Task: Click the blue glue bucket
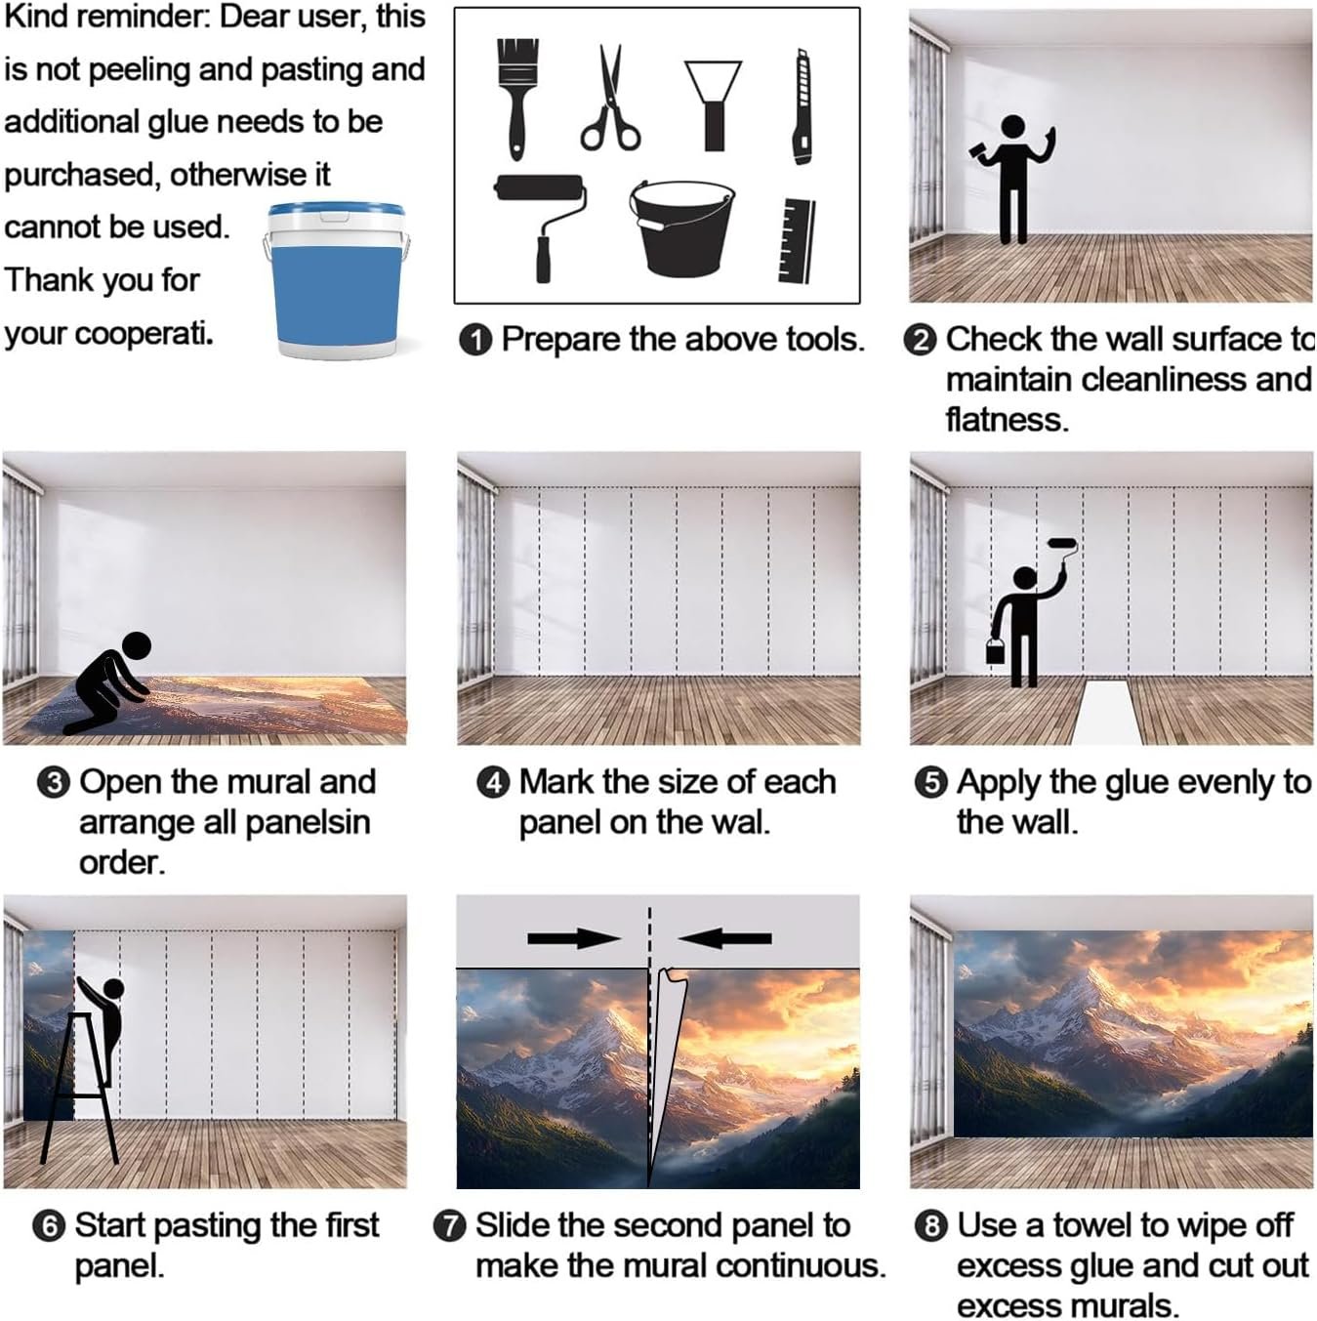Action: pos(337,281)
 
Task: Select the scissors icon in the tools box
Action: pos(610,98)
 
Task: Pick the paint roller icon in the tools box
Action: pos(541,227)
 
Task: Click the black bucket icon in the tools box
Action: pos(681,229)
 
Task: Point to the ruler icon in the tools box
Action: pos(798,240)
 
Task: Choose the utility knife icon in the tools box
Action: pos(803,106)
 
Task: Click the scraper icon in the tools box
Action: pos(713,105)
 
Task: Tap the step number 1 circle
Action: pos(475,340)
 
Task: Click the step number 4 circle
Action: pos(494,783)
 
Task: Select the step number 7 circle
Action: pos(450,1226)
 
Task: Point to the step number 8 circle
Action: pos(931,1226)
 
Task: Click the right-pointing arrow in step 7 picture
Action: pos(574,938)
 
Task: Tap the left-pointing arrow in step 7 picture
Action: pos(725,938)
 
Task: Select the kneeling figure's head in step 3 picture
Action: pos(136,645)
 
